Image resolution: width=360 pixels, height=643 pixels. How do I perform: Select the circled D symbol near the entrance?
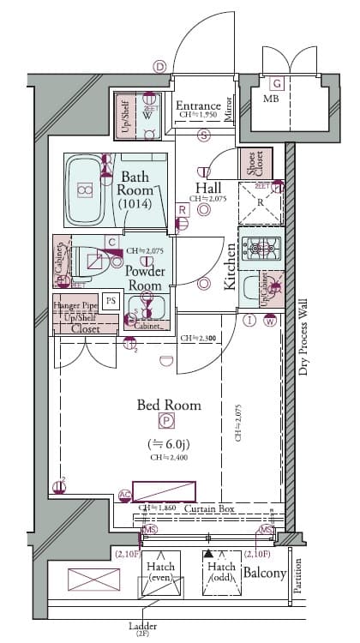click(x=159, y=66)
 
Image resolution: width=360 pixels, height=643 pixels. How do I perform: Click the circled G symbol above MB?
click(x=277, y=83)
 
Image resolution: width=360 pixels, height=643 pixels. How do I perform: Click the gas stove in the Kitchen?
click(x=261, y=249)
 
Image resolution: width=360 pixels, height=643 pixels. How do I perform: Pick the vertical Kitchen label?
click(x=231, y=265)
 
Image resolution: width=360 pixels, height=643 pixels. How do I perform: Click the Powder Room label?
click(x=145, y=277)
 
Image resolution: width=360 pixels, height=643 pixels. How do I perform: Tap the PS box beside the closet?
click(x=110, y=300)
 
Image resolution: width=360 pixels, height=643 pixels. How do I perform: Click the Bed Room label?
click(x=169, y=405)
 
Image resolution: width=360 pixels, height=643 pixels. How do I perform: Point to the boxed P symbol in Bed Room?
click(x=165, y=421)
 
